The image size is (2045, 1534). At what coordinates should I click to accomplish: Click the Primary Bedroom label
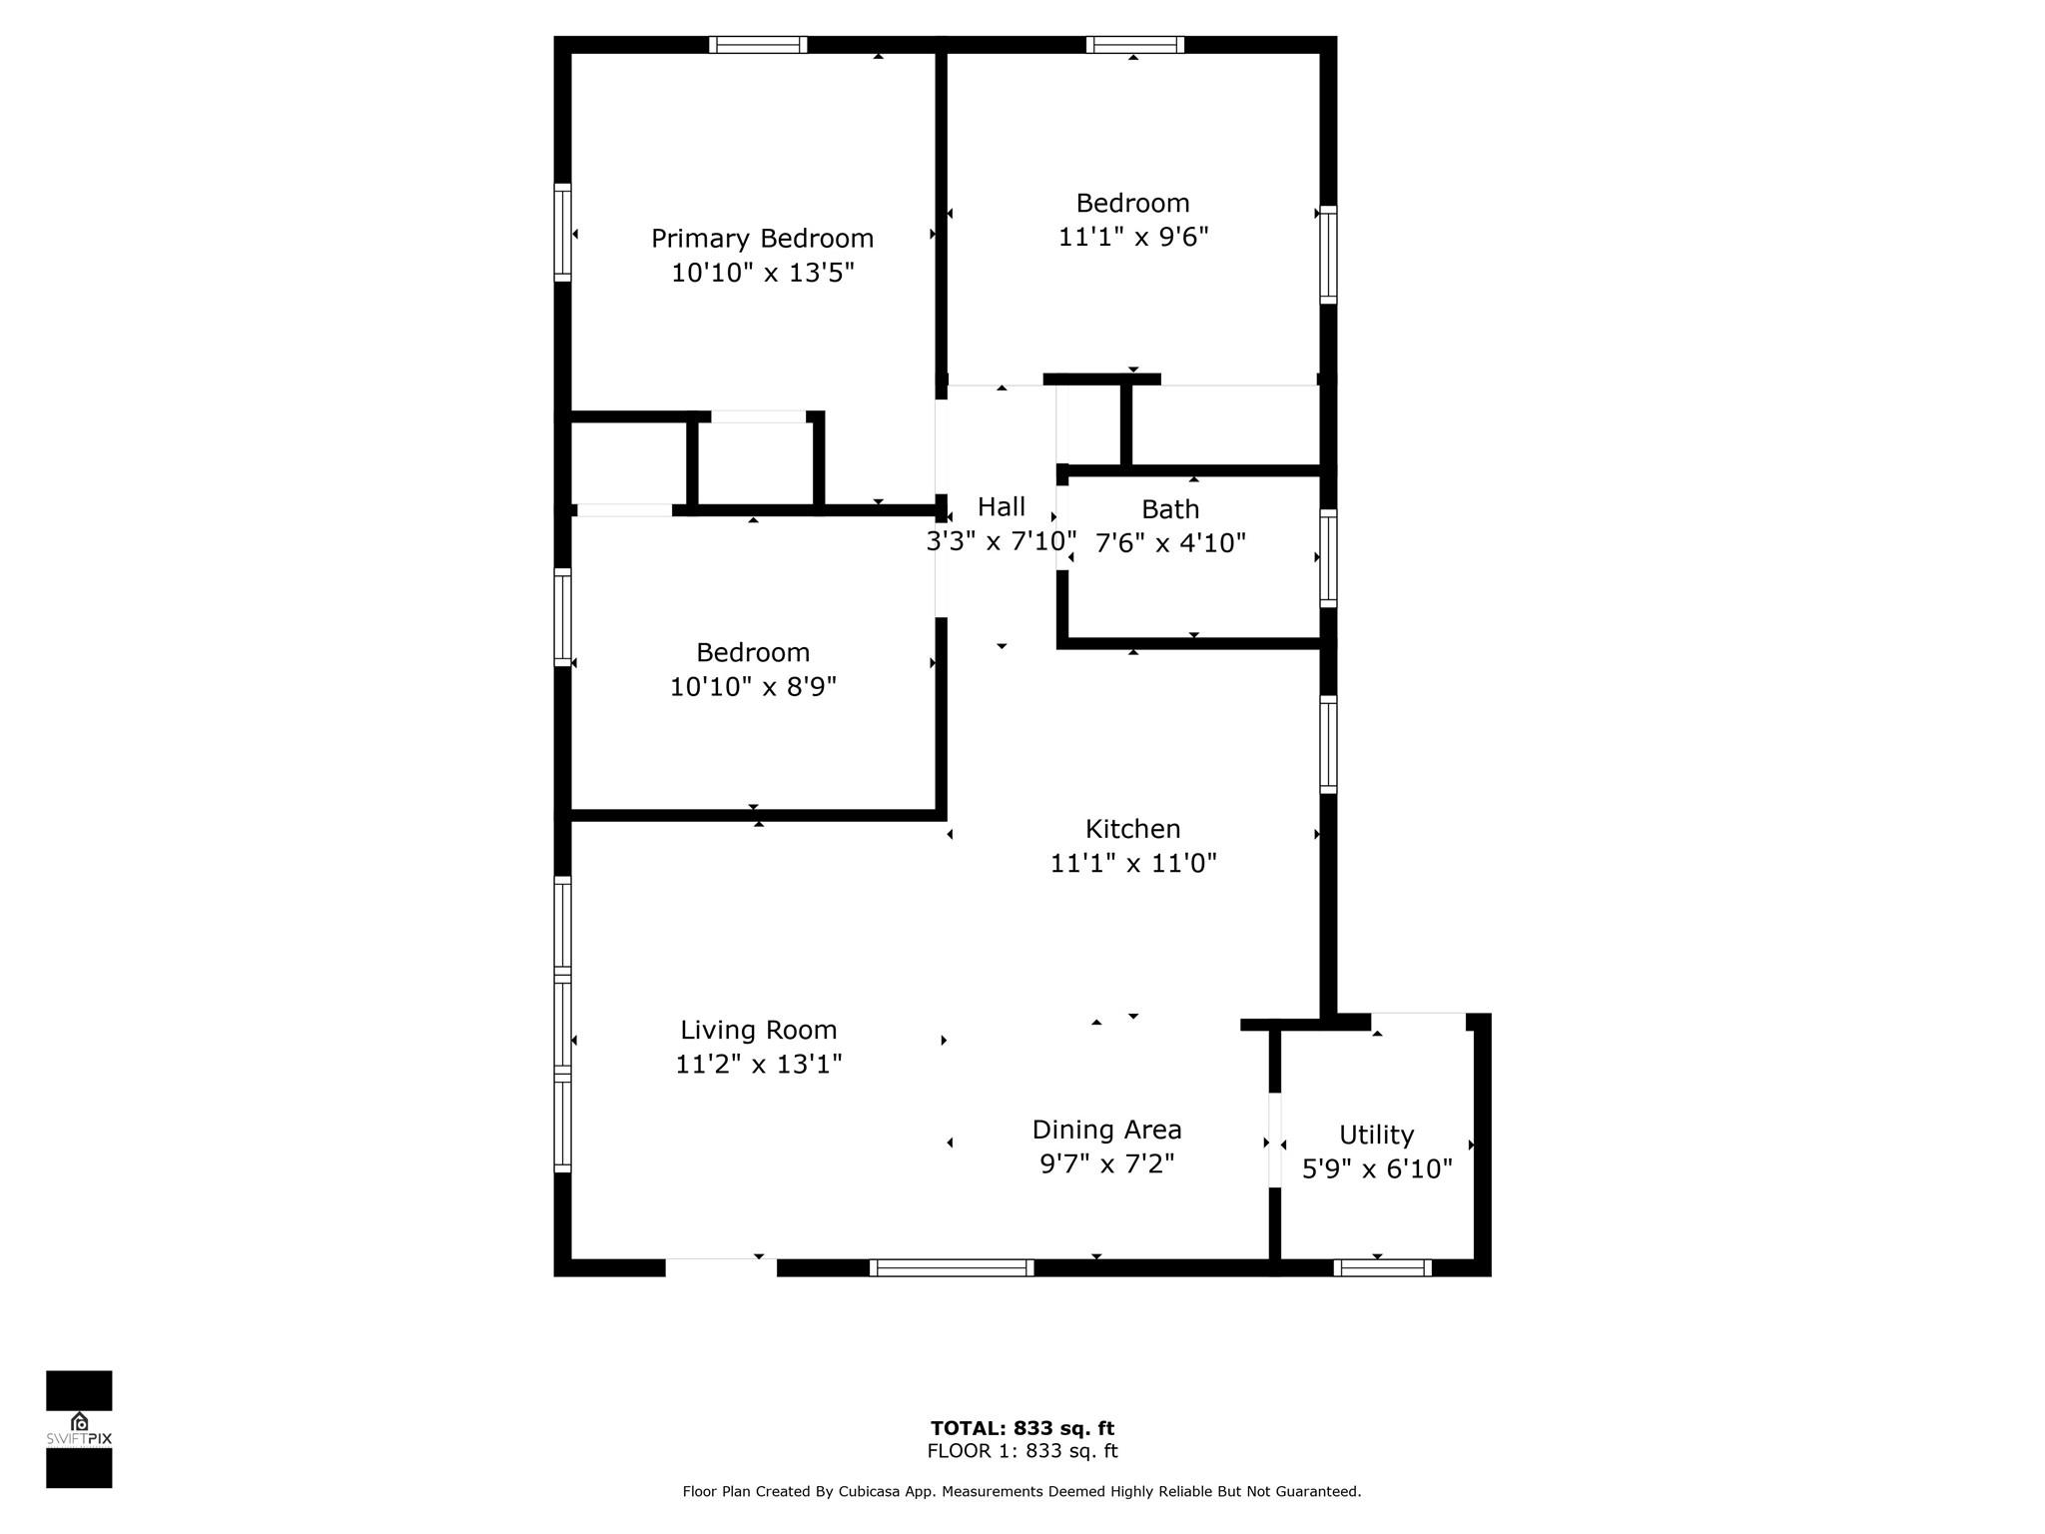pos(762,239)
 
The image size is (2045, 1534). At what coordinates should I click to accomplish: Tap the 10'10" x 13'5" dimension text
pos(762,273)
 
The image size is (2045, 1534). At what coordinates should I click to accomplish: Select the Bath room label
pos(1169,509)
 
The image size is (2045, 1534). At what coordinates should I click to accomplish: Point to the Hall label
pos(1001,507)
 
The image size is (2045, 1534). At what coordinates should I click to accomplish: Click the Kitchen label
pos(1132,829)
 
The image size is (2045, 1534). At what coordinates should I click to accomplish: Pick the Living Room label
pos(758,1030)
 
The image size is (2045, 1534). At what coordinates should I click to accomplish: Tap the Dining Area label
pos(1106,1130)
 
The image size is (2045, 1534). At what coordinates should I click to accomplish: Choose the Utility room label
pos(1376,1135)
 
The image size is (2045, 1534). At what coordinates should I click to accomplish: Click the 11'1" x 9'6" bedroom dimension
pos(1133,237)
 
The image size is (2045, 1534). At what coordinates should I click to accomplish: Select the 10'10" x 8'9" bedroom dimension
pos(753,686)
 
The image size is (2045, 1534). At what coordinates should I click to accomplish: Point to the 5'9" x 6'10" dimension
pos(1376,1168)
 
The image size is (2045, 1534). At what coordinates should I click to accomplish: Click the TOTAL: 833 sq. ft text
pos(1022,1428)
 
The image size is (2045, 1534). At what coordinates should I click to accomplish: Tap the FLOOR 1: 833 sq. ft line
pos(1022,1451)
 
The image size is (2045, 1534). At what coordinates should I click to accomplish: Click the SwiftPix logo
pos(79,1429)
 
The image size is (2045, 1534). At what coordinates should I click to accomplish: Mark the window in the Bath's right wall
pos(1328,557)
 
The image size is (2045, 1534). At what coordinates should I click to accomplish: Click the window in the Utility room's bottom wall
pos(1382,1267)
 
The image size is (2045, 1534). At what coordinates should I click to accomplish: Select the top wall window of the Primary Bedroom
pos(758,45)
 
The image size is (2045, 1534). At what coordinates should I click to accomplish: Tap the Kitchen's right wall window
pos(1328,745)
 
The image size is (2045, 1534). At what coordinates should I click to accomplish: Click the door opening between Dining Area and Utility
pos(1274,1141)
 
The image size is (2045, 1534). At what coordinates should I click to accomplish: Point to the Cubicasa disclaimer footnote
pos(1022,1491)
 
